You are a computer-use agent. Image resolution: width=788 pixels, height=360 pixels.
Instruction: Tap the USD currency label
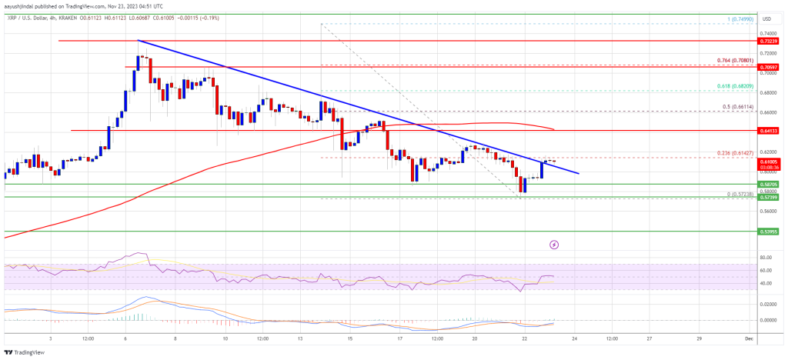[x=766, y=18]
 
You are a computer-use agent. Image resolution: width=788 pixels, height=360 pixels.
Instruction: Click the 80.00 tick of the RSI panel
[x=765, y=258]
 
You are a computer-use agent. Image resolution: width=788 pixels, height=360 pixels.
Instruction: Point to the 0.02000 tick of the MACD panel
[x=766, y=305]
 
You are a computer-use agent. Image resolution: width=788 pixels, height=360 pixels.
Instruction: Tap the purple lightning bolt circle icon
[x=555, y=245]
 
